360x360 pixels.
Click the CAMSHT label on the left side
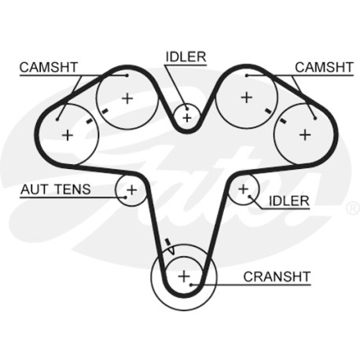[x=49, y=68]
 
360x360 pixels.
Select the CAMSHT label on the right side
[x=324, y=68]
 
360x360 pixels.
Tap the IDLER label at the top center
[x=186, y=57]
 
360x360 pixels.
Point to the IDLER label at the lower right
[x=289, y=201]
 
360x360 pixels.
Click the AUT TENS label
[x=56, y=189]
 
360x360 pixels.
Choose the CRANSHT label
[x=277, y=277]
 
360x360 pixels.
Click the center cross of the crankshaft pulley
[x=184, y=277]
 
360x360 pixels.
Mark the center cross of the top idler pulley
[x=187, y=118]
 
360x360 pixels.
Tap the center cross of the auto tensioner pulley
[x=132, y=189]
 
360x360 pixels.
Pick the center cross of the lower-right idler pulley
[x=243, y=189]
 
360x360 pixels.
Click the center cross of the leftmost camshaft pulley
[x=68, y=135]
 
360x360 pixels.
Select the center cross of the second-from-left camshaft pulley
[x=127, y=99]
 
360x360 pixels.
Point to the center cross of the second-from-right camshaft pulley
[x=246, y=97]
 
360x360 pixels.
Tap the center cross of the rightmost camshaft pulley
[x=305, y=135]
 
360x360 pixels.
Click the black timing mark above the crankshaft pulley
[x=167, y=241]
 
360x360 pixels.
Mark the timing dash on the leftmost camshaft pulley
[x=90, y=121]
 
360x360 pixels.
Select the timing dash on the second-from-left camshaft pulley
[x=105, y=112]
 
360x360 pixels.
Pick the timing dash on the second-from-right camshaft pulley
[x=268, y=111]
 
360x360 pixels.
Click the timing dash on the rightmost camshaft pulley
[x=283, y=120]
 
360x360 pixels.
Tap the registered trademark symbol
[x=353, y=208]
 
